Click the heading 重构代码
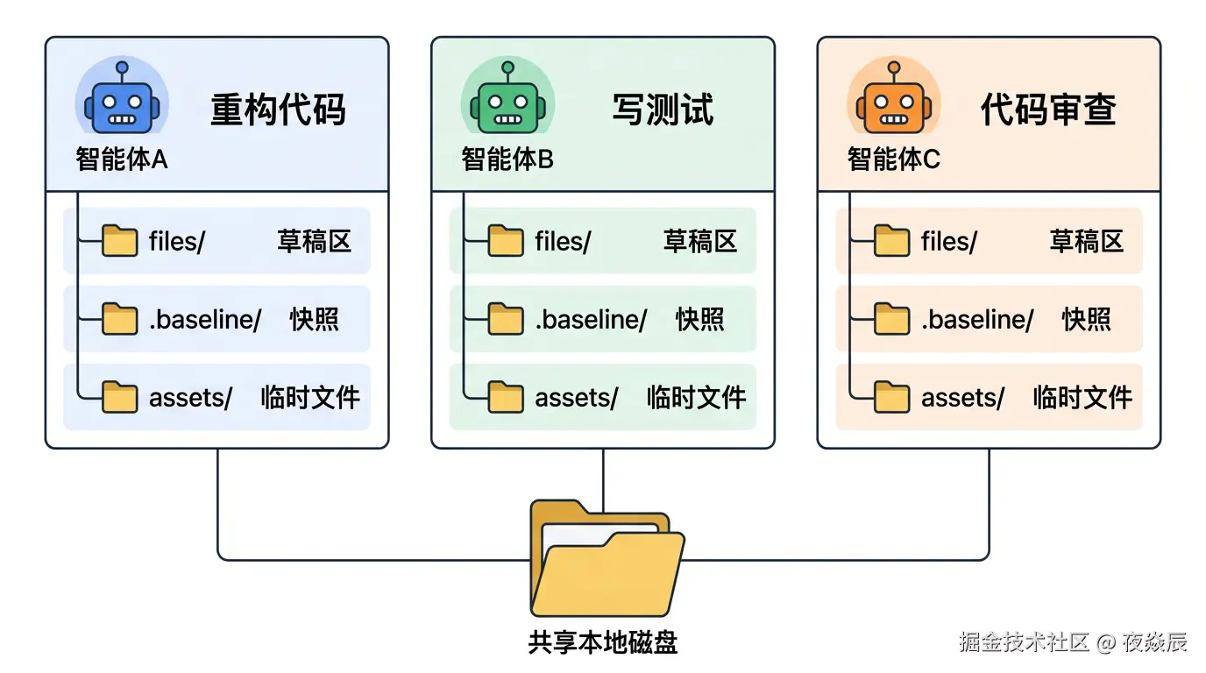[278, 110]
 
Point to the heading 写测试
[663, 110]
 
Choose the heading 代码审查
[1049, 110]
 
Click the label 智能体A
[122, 159]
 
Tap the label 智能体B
[507, 159]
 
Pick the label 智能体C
[894, 159]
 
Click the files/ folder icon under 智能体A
[119, 241]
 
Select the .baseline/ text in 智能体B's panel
[591, 320]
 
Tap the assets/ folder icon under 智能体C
[891, 397]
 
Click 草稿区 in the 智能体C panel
[1087, 241]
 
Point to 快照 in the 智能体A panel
[315, 320]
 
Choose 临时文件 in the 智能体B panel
[696, 398]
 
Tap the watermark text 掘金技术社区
[1024, 641]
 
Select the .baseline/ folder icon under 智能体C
[891, 319]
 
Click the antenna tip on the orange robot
[894, 67]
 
